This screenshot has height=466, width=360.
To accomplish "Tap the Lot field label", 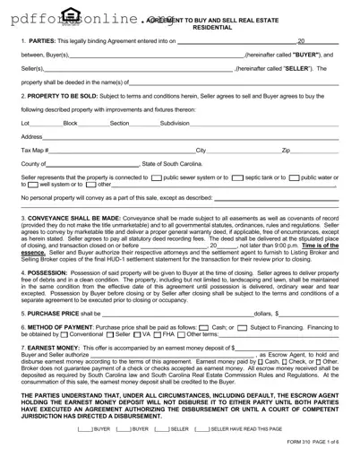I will point(25,123).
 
